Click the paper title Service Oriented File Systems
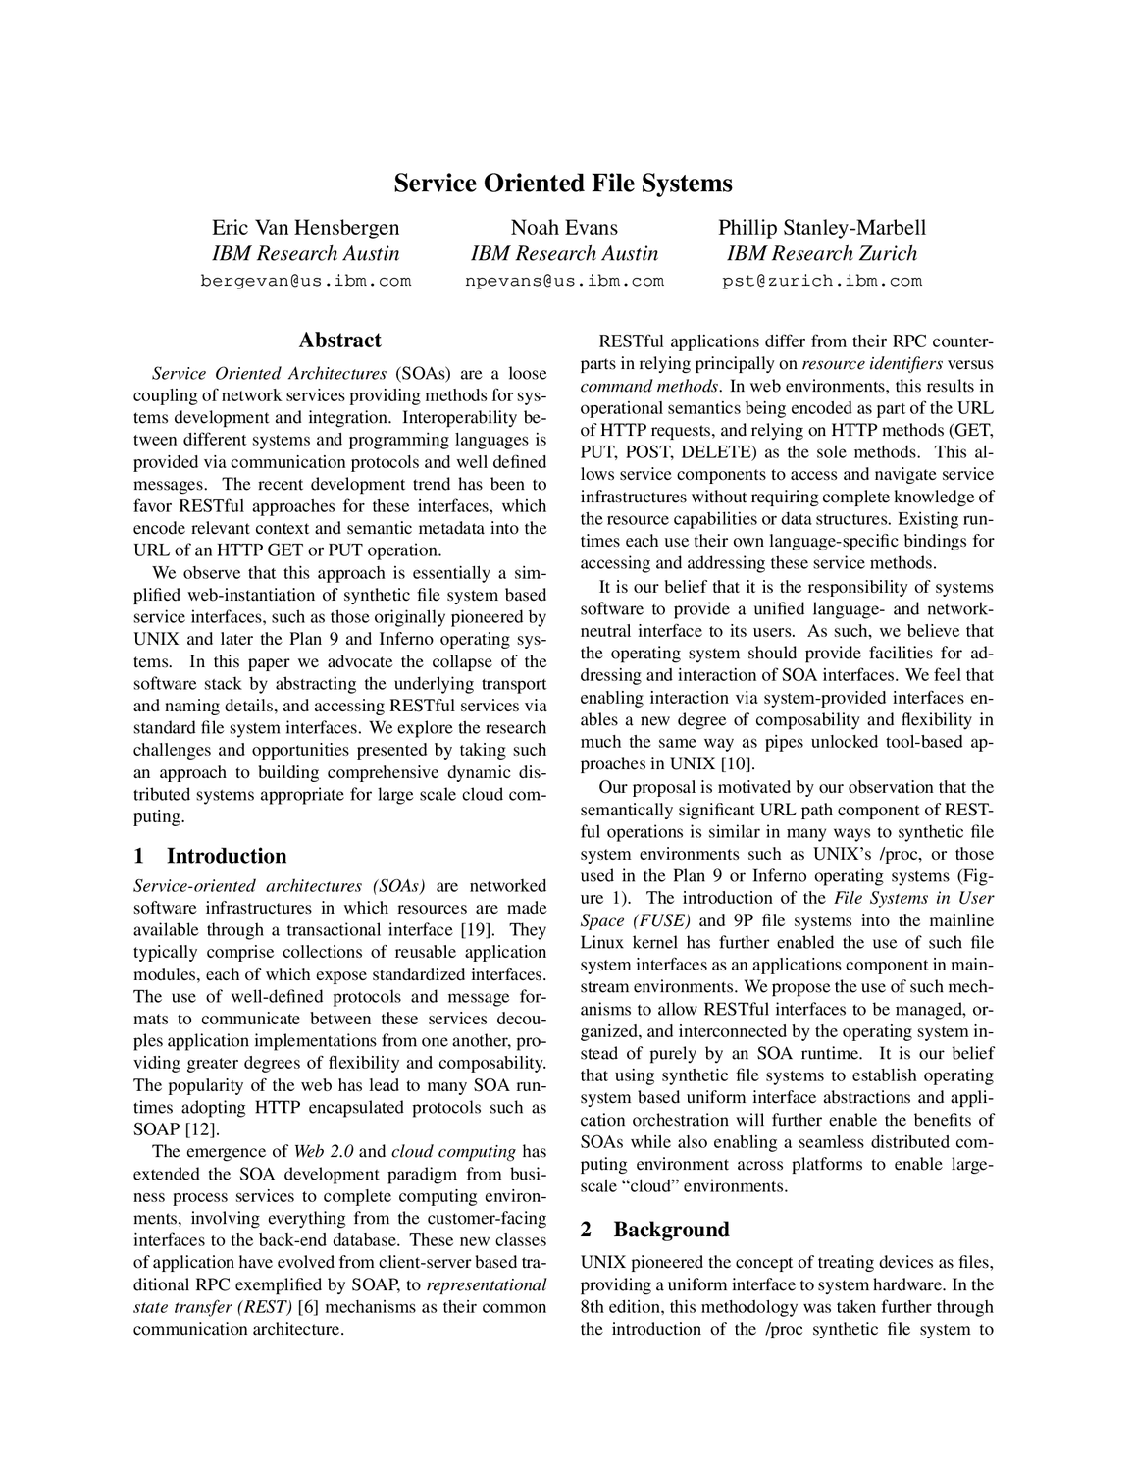[x=563, y=183]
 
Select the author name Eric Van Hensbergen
[x=306, y=228]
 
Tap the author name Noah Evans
[x=564, y=228]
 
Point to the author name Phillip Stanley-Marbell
[x=822, y=228]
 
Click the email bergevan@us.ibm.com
[x=306, y=281]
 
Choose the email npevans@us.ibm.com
[x=564, y=281]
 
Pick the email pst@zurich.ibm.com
[x=822, y=281]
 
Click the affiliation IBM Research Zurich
[x=822, y=254]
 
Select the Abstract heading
[x=339, y=341]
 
